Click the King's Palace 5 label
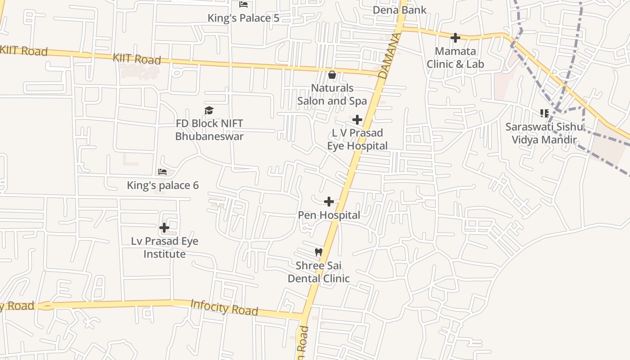point(243,18)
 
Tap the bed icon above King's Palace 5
point(243,5)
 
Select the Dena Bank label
point(400,10)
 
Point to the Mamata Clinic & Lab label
point(455,58)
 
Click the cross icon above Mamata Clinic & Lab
point(455,38)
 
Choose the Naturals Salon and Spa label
point(332,94)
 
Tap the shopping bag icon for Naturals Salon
point(332,75)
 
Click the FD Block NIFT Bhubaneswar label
point(209,130)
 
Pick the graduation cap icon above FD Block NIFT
point(209,110)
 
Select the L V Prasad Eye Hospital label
point(357,139)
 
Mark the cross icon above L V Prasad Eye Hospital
point(357,120)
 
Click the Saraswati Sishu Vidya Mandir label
point(544,133)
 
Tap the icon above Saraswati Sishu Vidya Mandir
point(544,113)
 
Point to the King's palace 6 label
point(162,185)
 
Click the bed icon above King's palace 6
point(162,172)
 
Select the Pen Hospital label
point(329,215)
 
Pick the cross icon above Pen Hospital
point(329,202)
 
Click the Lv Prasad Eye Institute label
point(165,247)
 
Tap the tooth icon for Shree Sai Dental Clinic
point(319,252)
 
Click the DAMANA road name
point(390,56)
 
